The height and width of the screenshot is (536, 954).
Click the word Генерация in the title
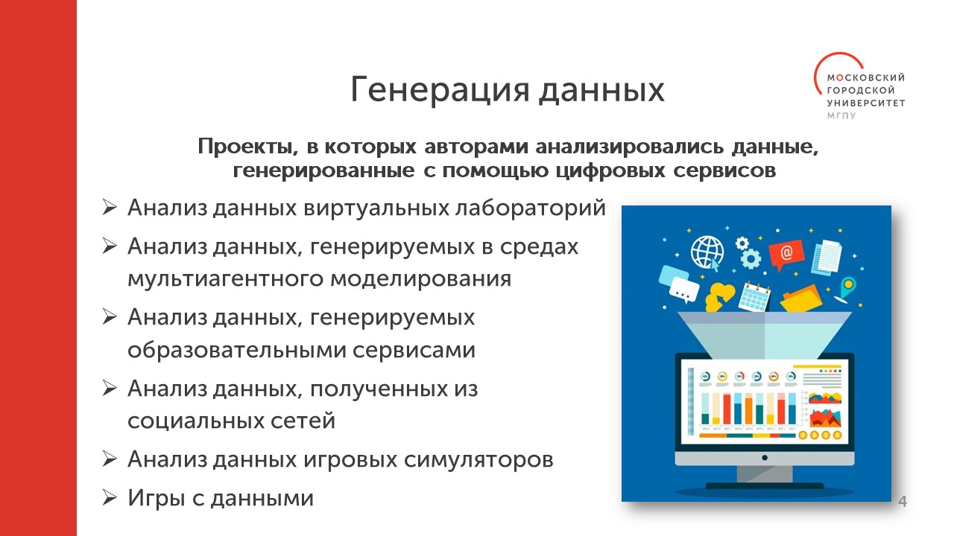click(440, 90)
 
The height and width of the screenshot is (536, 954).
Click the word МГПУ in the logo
click(841, 115)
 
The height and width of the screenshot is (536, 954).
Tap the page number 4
click(902, 502)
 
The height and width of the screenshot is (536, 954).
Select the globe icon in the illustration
click(707, 253)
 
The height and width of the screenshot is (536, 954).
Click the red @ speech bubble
click(786, 255)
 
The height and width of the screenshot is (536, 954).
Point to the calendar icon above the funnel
click(755, 296)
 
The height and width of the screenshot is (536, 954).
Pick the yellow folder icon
click(801, 299)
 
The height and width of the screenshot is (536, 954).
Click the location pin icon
click(846, 290)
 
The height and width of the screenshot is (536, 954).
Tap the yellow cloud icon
click(720, 296)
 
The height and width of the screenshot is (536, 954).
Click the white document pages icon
click(827, 257)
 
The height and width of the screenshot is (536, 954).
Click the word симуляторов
click(478, 460)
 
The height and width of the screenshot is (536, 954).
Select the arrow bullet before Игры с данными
click(110, 497)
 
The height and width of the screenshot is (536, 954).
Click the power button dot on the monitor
click(765, 458)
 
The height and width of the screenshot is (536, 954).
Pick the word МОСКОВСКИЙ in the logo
click(866, 78)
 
